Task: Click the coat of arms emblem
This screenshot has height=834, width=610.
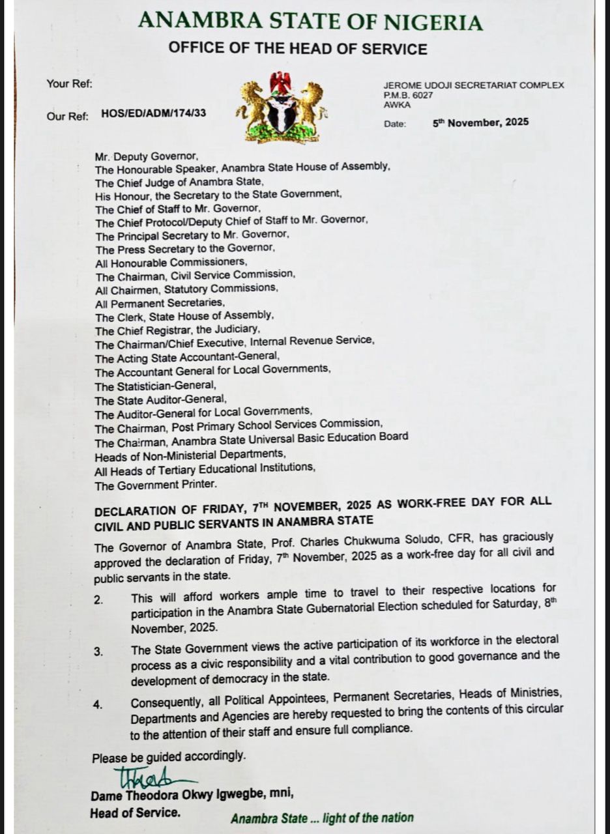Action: point(282,108)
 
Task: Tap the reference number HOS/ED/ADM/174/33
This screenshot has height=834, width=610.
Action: point(154,113)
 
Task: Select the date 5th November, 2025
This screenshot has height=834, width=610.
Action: point(480,122)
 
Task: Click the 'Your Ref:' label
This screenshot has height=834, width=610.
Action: point(70,83)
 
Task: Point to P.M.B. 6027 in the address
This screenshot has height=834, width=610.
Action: point(409,95)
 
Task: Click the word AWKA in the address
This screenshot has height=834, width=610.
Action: point(398,105)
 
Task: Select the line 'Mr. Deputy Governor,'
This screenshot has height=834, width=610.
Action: point(145,156)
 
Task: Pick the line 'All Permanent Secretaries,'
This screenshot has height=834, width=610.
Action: point(160,303)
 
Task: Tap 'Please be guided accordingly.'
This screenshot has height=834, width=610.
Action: point(169,757)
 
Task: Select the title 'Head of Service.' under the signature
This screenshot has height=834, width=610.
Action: point(136,812)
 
